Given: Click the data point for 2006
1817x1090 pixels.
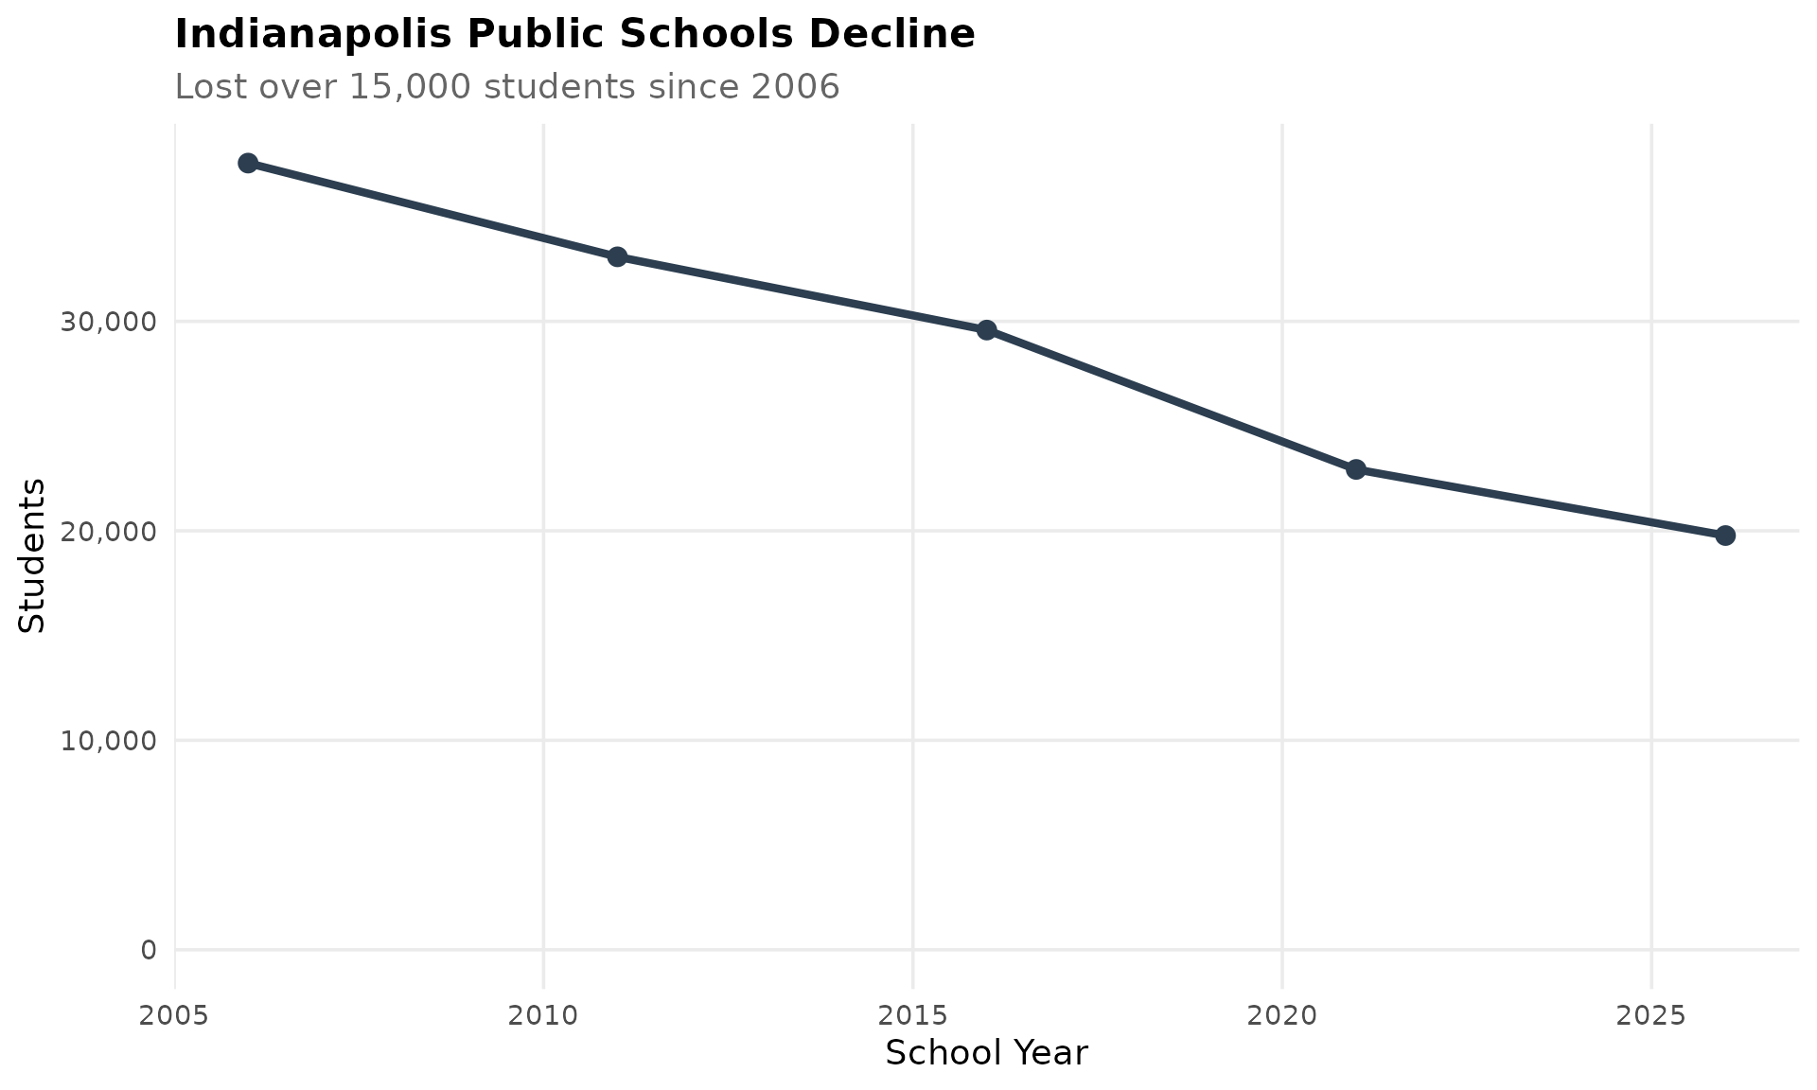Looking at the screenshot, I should click(248, 163).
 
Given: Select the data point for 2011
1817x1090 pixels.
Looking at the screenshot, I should click(617, 256).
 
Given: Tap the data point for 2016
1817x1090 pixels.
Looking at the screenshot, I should click(986, 330).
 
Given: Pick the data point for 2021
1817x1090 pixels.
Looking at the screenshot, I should click(1356, 469).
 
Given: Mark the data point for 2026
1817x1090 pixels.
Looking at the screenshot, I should click(1725, 536).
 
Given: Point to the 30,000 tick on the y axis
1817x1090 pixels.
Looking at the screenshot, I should click(108, 322).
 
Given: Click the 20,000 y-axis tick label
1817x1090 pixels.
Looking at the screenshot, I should click(108, 532).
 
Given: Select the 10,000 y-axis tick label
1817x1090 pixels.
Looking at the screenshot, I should click(108, 741).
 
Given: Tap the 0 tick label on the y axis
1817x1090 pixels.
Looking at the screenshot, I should click(149, 950).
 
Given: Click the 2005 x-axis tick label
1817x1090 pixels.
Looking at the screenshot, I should click(175, 1016).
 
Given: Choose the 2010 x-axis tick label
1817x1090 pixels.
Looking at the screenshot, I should click(543, 1016).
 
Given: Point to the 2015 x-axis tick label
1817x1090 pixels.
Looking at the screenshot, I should click(912, 1016).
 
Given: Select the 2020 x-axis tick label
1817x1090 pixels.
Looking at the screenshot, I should click(1282, 1016).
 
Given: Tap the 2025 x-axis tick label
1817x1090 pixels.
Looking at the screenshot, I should click(1651, 1016).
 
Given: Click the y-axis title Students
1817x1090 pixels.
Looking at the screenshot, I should click(32, 555).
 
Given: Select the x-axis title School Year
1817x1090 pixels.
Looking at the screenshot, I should click(986, 1053).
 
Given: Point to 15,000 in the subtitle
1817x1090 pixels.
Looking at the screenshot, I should click(410, 87).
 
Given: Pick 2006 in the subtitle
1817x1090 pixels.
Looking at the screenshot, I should click(795, 87).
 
